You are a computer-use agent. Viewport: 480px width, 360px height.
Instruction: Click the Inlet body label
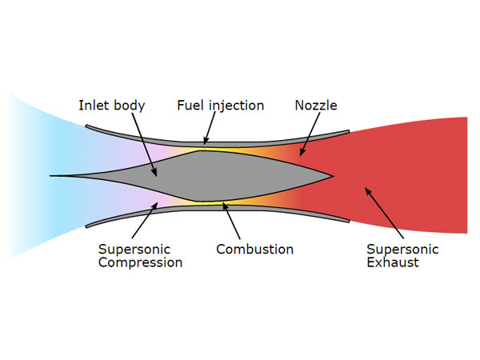[113, 106]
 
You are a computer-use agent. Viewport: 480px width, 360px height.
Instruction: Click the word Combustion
[254, 249]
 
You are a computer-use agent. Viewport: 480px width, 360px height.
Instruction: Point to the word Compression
[140, 262]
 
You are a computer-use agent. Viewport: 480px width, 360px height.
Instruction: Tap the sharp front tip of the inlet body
[53, 174]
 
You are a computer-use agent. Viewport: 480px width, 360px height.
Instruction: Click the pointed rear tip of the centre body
[330, 174]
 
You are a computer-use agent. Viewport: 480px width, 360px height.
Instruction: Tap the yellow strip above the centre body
[216, 148]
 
